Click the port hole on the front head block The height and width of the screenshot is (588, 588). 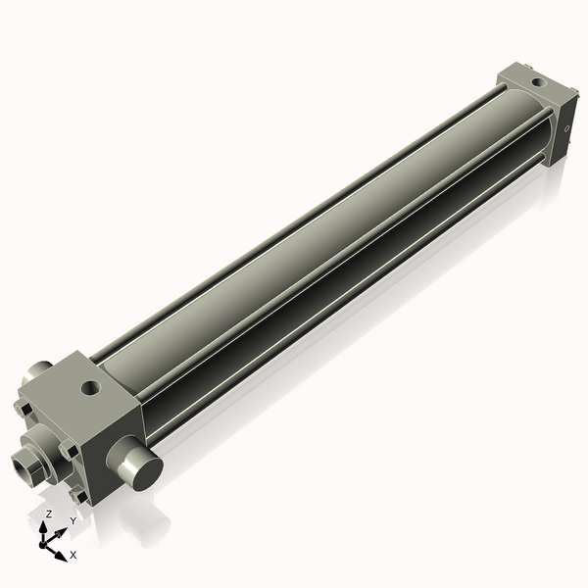click(x=92, y=390)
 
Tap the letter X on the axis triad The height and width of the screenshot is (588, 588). click(x=73, y=555)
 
